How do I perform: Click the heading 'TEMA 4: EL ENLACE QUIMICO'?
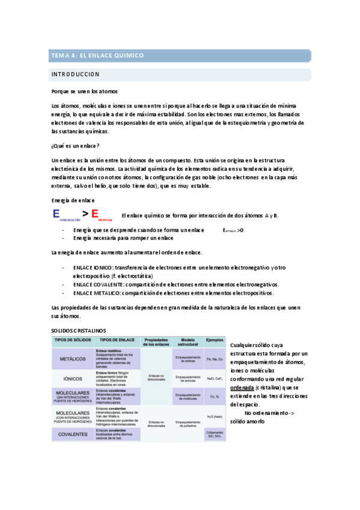[97, 55]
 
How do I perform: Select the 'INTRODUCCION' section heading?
[76, 75]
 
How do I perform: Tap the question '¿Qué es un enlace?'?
[76, 146]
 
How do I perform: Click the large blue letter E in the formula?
[56, 214]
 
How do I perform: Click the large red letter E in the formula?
[94, 214]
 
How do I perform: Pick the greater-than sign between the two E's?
[86, 214]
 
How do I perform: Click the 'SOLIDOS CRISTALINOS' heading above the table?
[79, 331]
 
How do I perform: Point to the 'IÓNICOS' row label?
[72, 379]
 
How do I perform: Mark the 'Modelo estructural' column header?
[187, 341]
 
